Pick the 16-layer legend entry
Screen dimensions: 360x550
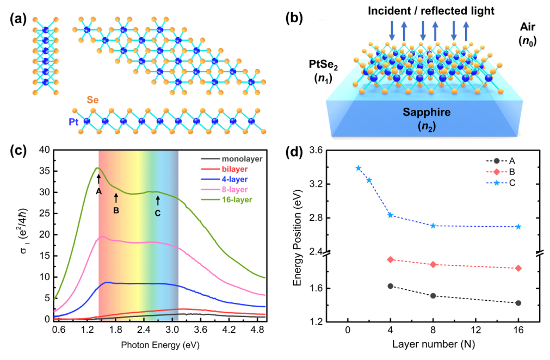240,200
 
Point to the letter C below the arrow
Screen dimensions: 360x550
158,213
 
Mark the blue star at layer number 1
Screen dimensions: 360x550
359,168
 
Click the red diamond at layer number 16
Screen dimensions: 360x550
518,268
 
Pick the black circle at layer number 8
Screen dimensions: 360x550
433,295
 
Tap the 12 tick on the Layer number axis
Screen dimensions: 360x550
476,330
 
